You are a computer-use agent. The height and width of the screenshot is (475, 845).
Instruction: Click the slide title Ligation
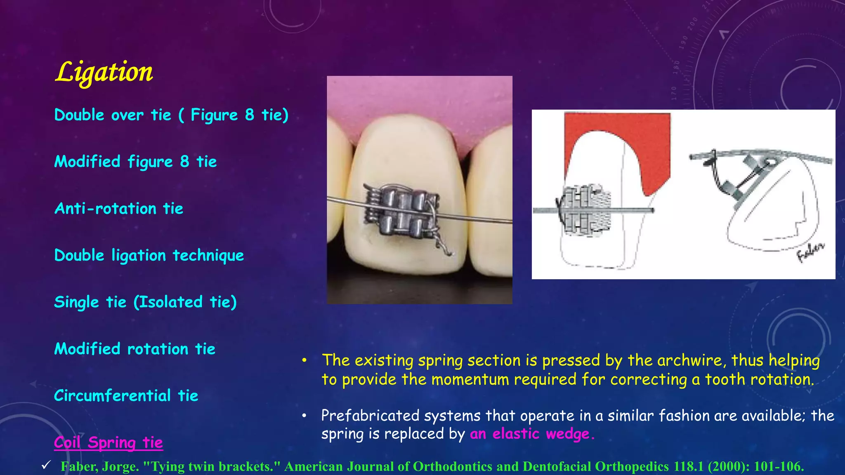104,72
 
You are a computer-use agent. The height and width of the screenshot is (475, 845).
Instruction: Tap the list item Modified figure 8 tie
135,162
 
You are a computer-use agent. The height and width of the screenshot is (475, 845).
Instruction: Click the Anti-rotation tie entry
119,209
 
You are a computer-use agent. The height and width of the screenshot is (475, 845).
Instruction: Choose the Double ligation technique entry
149,256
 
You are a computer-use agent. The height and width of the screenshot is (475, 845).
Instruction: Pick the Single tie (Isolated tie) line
145,302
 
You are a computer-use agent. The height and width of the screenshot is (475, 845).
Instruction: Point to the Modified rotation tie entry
135,349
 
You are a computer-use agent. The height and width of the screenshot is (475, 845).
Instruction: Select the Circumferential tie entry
126,396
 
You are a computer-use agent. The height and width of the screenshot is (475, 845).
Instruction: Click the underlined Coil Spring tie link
108,443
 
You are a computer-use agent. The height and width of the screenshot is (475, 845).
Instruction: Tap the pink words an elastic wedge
532,434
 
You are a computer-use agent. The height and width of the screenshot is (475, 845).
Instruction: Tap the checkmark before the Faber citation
46,466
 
